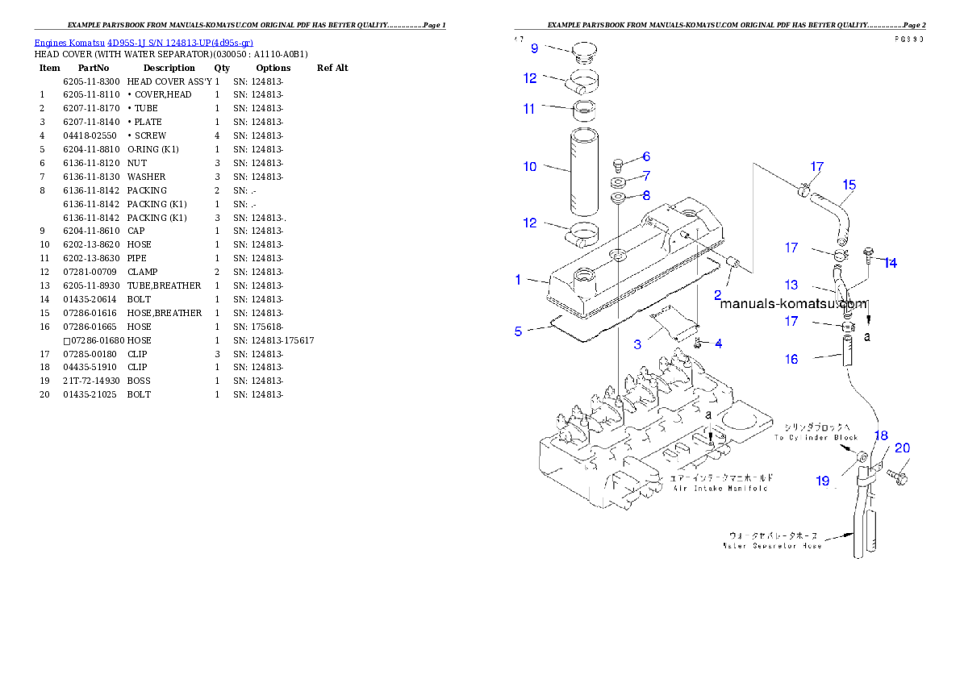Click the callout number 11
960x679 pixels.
tap(529, 108)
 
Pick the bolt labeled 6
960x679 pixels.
tap(618, 165)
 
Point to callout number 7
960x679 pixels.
tap(646, 175)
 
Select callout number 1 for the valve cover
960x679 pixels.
tap(519, 280)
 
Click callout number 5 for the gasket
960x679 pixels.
tap(519, 331)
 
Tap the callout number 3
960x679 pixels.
tap(637, 344)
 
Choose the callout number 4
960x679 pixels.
tap(718, 344)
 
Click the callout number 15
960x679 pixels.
tap(849, 185)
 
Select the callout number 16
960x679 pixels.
tap(791, 359)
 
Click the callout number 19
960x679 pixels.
tap(822, 481)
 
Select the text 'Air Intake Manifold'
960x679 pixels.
tap(719, 488)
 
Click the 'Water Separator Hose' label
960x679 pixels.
tap(772, 546)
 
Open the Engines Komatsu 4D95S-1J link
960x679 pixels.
tap(144, 43)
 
